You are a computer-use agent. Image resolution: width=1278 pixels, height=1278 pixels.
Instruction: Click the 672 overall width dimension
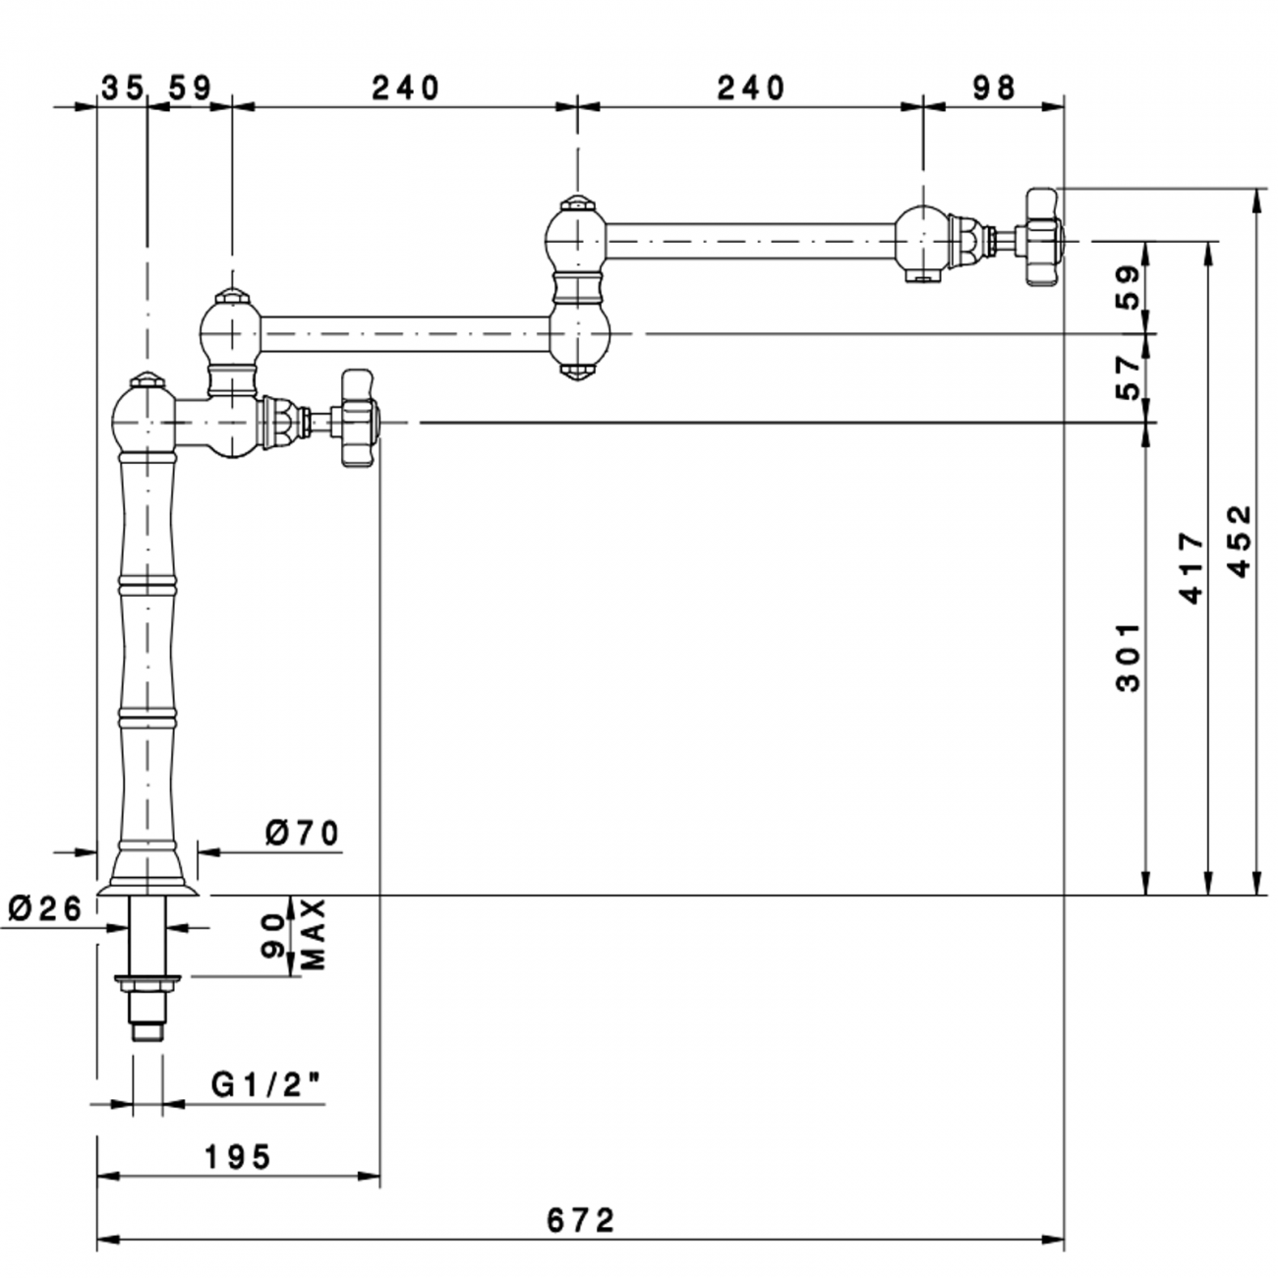tap(580, 1220)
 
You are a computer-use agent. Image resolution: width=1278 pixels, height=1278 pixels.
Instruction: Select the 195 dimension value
tap(238, 1157)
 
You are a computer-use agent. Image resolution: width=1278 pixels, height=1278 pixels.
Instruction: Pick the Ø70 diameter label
tap(302, 834)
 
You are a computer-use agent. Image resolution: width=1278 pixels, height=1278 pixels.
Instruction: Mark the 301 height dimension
tap(1131, 656)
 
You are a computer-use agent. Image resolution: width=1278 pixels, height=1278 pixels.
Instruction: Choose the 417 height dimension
tap(1191, 568)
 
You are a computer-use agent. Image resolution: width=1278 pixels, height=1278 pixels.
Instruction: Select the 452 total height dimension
tap(1241, 541)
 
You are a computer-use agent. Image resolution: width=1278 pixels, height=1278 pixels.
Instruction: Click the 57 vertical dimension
tap(1131, 378)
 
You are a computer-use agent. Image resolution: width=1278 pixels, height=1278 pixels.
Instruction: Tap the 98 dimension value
tap(994, 87)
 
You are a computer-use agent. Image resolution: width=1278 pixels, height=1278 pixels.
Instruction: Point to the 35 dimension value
tap(122, 87)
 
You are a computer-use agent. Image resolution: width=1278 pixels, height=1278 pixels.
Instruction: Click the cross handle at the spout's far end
tap(1043, 237)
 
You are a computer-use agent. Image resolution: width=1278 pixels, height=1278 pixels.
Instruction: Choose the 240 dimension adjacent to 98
tap(751, 87)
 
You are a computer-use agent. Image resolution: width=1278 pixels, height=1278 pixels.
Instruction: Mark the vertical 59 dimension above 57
tap(1131, 288)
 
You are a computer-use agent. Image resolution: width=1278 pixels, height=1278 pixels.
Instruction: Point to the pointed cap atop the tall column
tap(145, 378)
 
